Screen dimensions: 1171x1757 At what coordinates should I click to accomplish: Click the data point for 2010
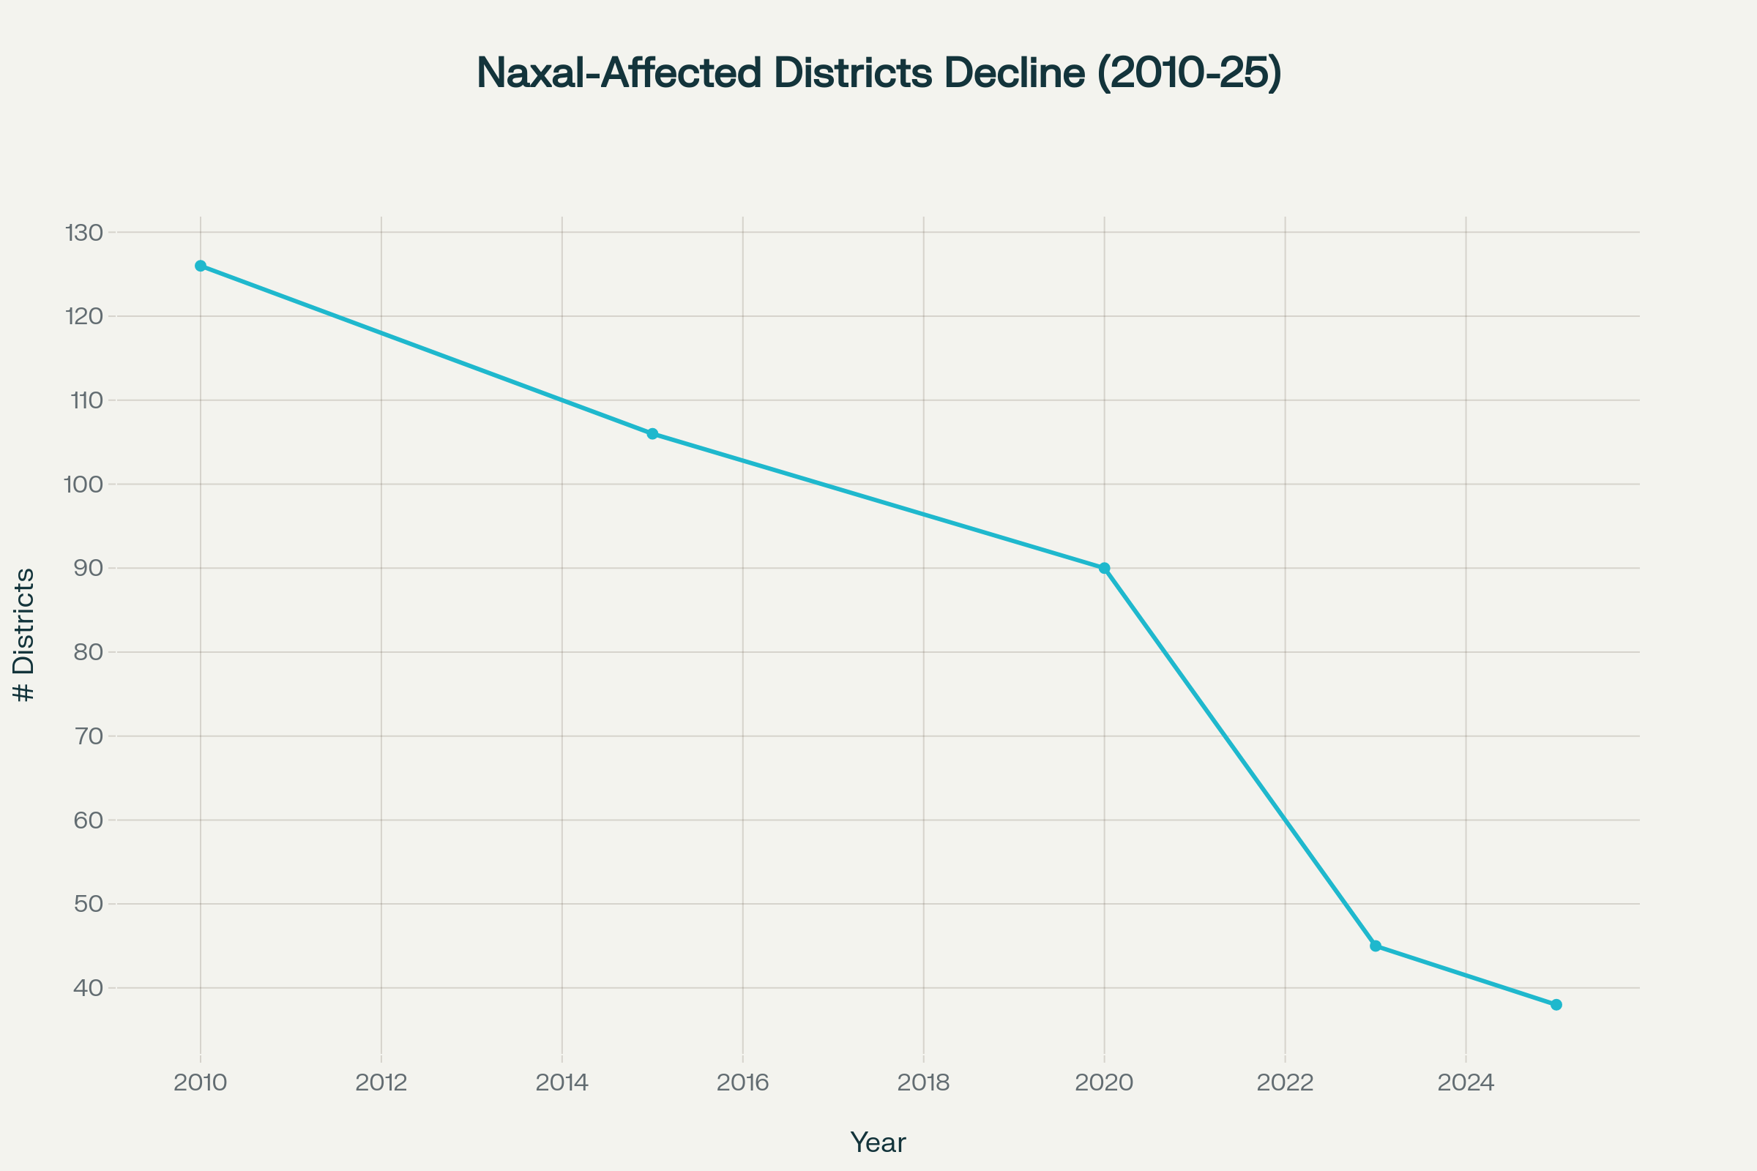pyautogui.click(x=200, y=266)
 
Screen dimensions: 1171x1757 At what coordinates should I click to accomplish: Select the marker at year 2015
pyautogui.click(x=652, y=434)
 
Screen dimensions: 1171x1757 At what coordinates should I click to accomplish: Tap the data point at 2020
pyautogui.click(x=1104, y=569)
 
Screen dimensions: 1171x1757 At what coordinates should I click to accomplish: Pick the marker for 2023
pyautogui.click(x=1376, y=946)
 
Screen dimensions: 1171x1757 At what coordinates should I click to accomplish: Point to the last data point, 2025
pyautogui.click(x=1556, y=1004)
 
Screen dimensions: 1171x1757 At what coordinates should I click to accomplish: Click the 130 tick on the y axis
pyautogui.click(x=83, y=233)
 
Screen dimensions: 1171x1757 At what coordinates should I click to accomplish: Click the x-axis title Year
pyautogui.click(x=878, y=1142)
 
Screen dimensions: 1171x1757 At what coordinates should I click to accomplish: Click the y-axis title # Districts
pyautogui.click(x=24, y=635)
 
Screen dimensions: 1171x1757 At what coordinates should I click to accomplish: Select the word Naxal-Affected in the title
pyautogui.click(x=619, y=73)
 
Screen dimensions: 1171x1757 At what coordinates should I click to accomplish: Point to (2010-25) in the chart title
pyautogui.click(x=1189, y=73)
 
